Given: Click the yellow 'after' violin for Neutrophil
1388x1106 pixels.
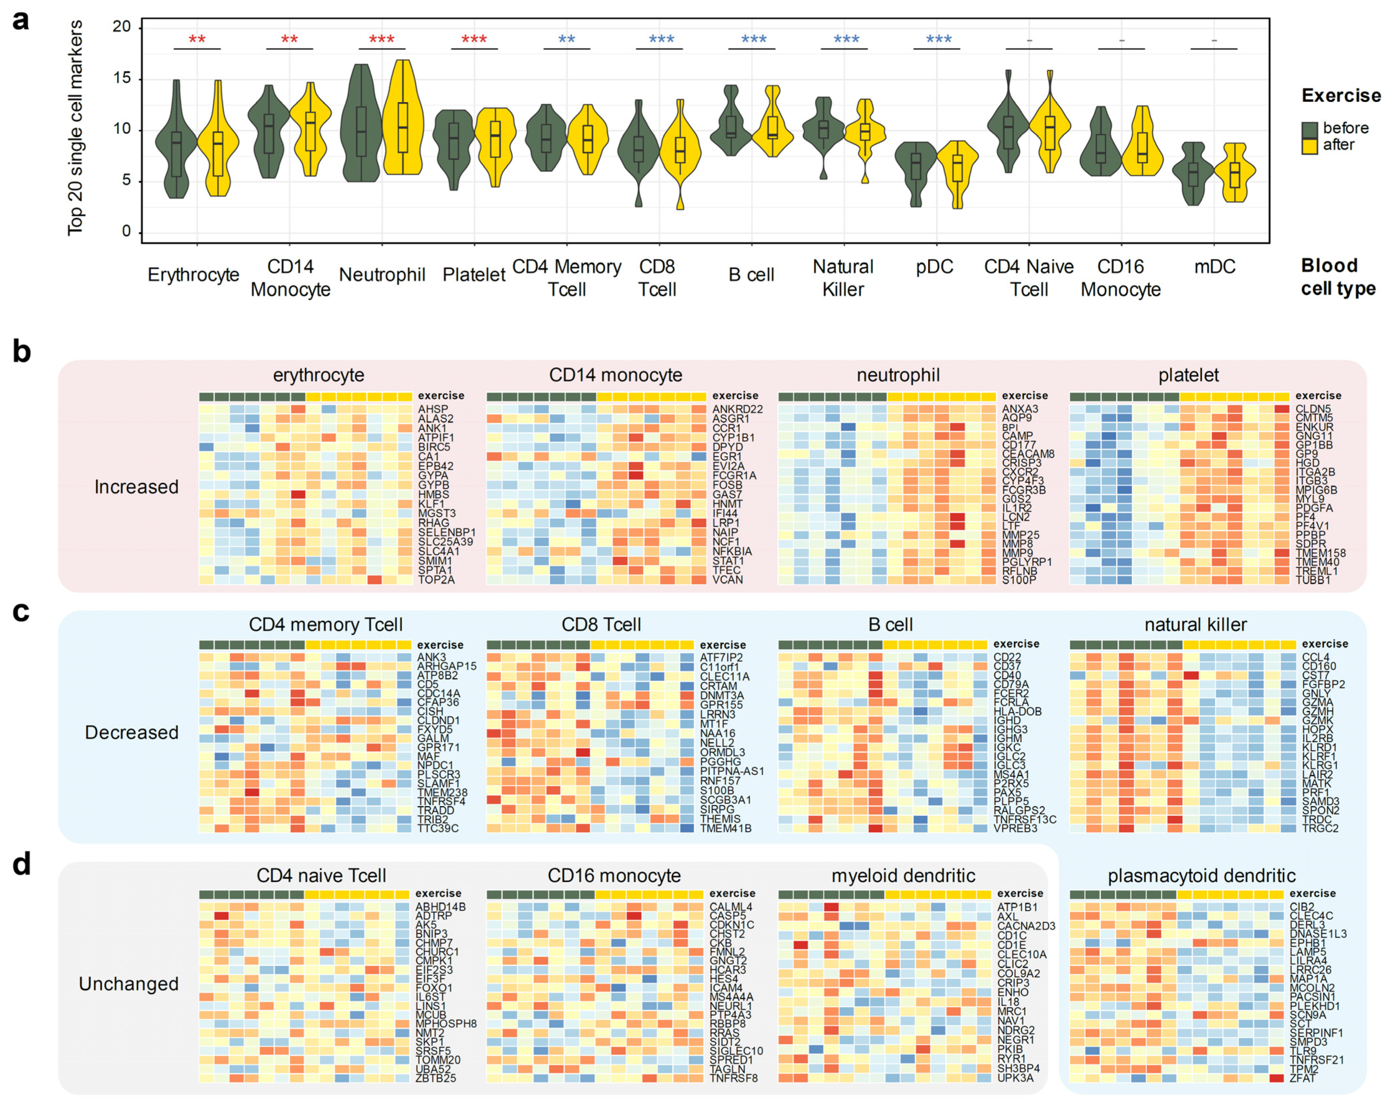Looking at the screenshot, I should pyautogui.click(x=403, y=122).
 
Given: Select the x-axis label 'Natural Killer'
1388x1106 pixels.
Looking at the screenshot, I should pyautogui.click(x=843, y=278).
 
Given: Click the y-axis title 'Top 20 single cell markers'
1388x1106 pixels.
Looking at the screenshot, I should pyautogui.click(x=75, y=127).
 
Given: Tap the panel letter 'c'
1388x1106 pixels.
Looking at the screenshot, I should pyautogui.click(x=21, y=612).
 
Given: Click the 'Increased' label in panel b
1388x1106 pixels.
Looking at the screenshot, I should pyautogui.click(x=136, y=487).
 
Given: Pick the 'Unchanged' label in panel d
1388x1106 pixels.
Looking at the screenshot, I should pyautogui.click(x=129, y=984).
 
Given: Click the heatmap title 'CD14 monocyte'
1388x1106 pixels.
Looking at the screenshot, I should pyautogui.click(x=616, y=375).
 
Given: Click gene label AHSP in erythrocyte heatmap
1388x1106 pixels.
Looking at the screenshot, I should pyautogui.click(x=433, y=409).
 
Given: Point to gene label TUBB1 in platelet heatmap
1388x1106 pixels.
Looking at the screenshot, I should pyautogui.click(x=1313, y=580).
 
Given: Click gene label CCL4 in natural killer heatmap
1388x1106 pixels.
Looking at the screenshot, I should pyautogui.click(x=1315, y=657).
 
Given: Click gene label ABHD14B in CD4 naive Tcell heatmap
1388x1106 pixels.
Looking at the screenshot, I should pyautogui.click(x=440, y=907).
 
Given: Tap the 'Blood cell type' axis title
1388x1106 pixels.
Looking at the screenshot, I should pyautogui.click(x=1338, y=277).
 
